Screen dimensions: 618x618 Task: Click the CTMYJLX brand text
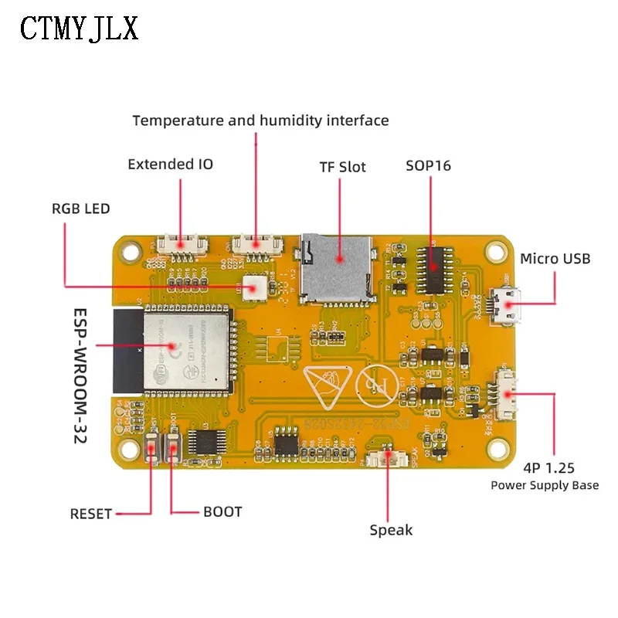[x=79, y=29]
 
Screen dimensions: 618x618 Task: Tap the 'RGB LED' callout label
[x=80, y=209]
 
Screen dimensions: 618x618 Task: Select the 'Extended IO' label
[x=170, y=164]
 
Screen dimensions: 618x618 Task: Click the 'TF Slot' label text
[x=342, y=167]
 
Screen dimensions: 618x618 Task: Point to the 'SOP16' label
[x=429, y=166]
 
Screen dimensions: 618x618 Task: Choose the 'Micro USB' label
[x=555, y=258]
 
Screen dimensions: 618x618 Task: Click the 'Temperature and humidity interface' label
[x=260, y=121]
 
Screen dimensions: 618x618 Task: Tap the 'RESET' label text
[x=91, y=514]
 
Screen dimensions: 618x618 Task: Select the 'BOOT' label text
[x=222, y=511]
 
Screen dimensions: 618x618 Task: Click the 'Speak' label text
[x=391, y=530]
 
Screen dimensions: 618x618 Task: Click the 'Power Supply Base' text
[x=545, y=485]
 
